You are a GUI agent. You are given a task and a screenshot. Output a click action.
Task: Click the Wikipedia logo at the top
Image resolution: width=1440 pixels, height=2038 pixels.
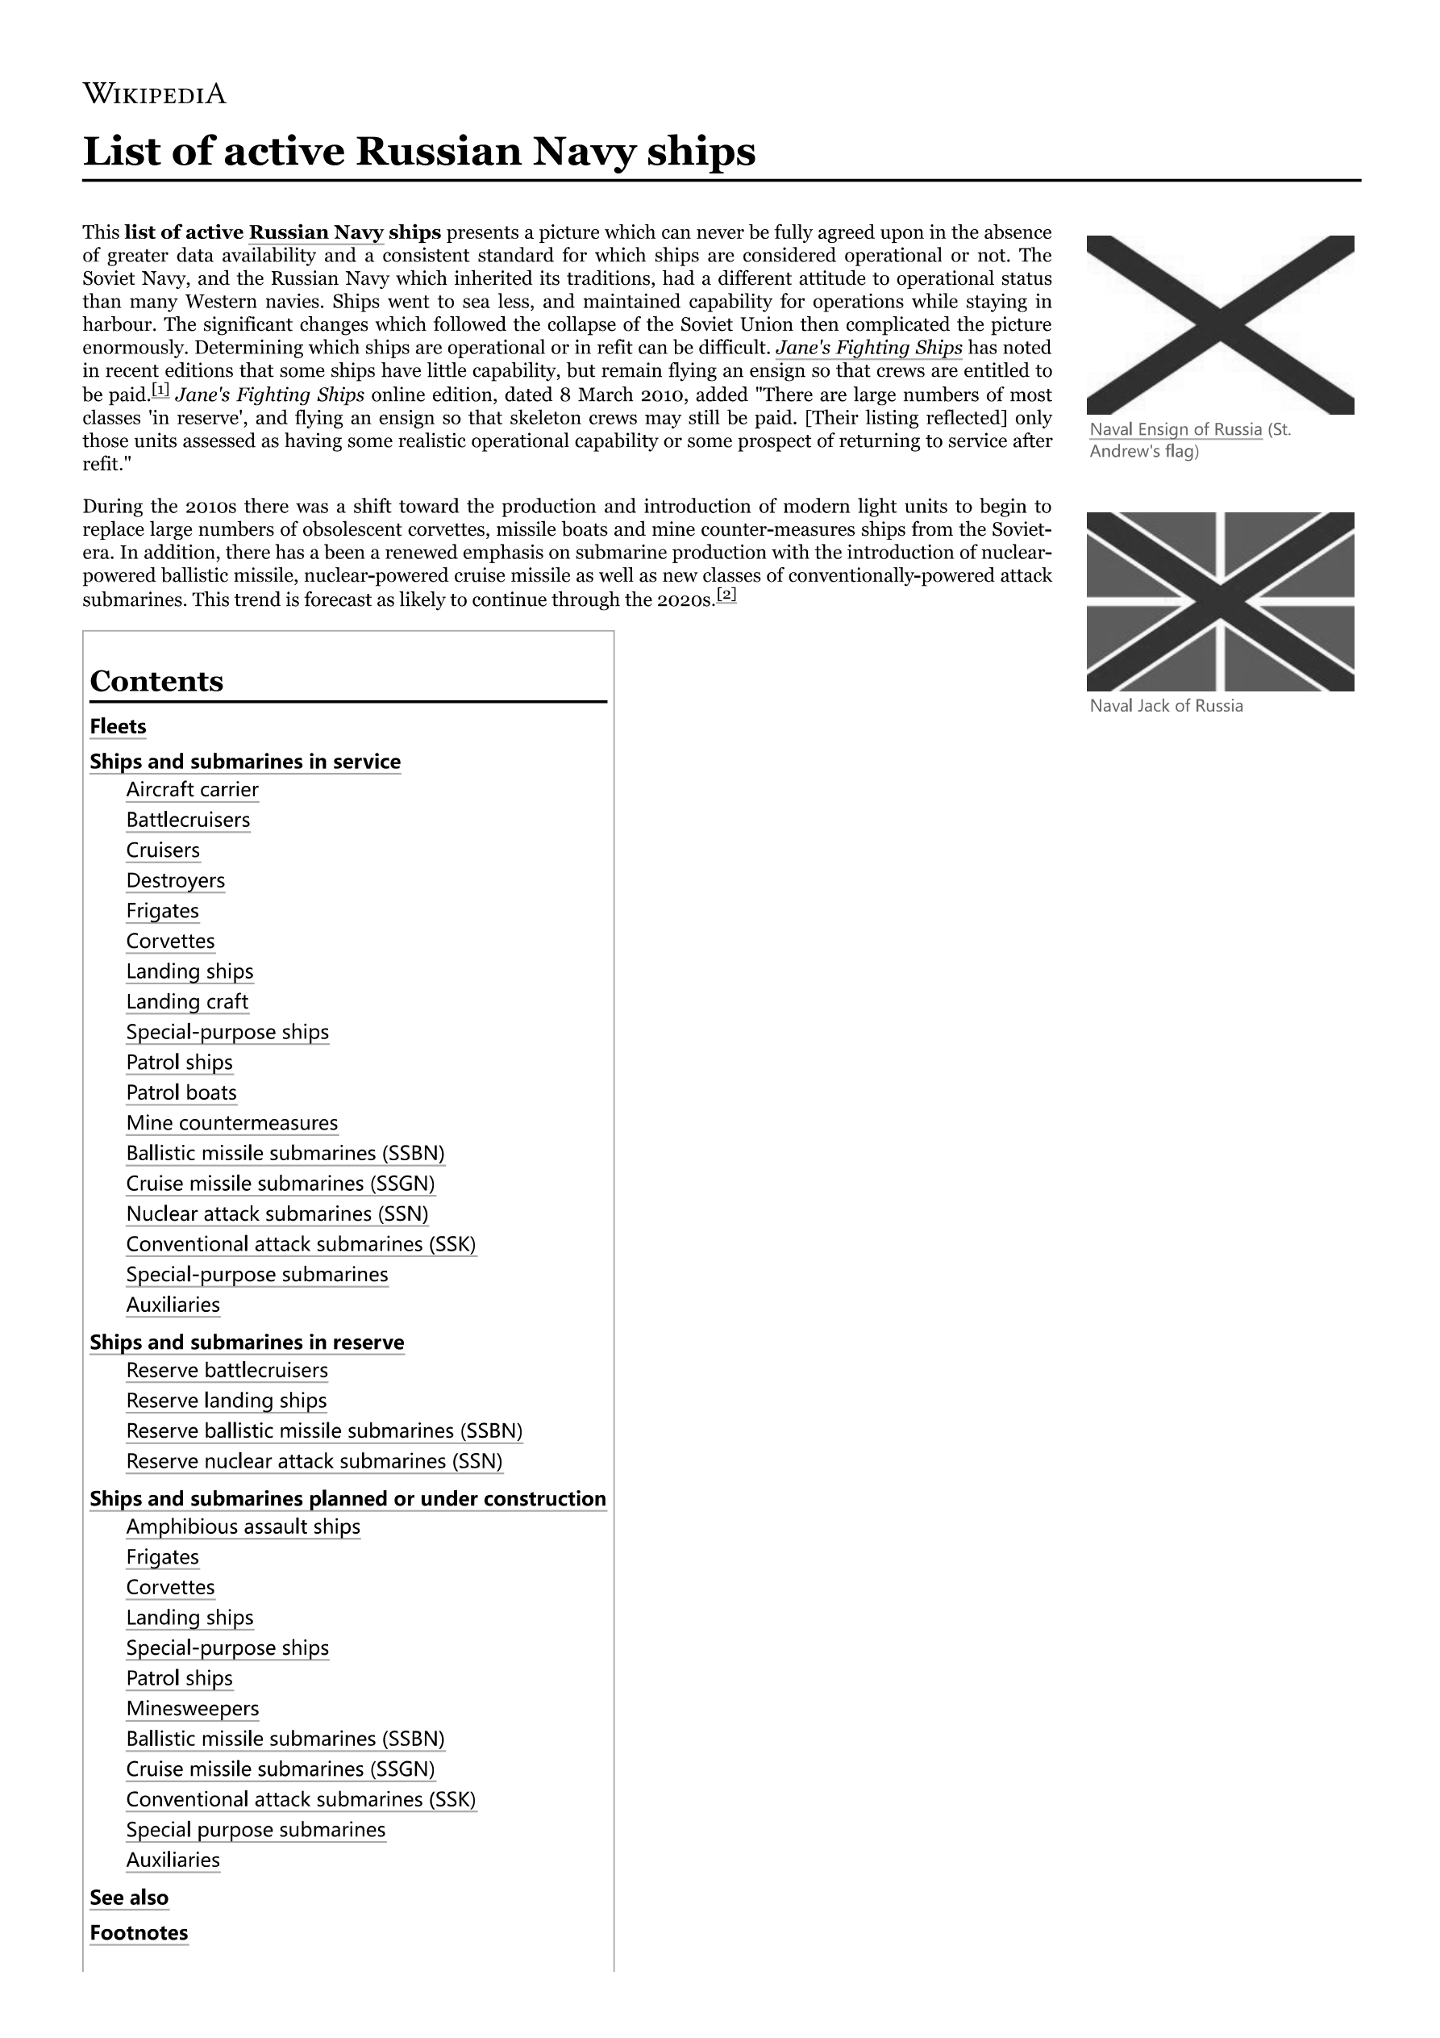[154, 94]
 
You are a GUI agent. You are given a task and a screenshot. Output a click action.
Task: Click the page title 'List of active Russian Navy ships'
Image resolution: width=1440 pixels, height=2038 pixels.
[418, 151]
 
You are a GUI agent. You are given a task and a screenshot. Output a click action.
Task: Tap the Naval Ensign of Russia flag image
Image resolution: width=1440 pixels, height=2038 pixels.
[1220, 325]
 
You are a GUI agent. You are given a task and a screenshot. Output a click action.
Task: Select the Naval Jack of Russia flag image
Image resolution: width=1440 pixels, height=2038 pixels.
[1220, 601]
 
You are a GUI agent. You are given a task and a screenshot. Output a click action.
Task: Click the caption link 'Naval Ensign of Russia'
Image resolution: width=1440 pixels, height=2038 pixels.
[1175, 429]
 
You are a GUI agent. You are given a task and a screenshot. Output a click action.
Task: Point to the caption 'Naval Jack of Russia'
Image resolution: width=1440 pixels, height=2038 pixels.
[1166, 706]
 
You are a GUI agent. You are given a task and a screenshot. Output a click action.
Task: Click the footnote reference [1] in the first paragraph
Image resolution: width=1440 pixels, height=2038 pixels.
[160, 390]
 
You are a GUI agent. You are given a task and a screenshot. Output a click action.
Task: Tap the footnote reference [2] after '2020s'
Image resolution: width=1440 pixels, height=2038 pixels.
[726, 595]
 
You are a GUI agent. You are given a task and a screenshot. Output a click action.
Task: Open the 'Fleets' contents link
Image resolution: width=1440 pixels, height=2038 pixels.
[118, 727]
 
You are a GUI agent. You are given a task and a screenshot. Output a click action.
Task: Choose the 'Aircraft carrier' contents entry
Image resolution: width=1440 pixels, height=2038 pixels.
[193, 790]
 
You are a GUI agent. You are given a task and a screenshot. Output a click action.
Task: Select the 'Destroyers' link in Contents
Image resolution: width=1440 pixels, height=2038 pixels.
[176, 880]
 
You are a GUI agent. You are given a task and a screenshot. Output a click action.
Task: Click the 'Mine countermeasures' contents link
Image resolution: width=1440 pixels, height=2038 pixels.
[231, 1123]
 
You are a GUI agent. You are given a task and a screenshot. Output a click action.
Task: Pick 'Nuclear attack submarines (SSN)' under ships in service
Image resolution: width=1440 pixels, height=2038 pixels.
[277, 1213]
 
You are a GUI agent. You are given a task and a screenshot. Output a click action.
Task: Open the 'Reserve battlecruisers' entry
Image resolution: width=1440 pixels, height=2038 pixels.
[227, 1371]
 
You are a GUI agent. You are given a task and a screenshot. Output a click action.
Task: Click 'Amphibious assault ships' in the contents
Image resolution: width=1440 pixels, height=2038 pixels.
[243, 1526]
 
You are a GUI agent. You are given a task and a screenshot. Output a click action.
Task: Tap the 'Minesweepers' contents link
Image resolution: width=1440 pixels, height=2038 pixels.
[193, 1709]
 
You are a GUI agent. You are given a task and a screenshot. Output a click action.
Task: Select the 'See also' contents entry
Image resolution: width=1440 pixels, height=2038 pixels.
[130, 1898]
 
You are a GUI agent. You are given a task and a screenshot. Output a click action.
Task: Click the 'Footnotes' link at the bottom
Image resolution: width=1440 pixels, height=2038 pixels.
[139, 1933]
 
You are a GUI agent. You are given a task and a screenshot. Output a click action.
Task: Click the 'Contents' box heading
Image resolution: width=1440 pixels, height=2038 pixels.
[156, 681]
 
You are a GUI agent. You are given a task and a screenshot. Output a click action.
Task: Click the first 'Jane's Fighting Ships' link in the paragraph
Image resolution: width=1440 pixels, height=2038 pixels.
[868, 348]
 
